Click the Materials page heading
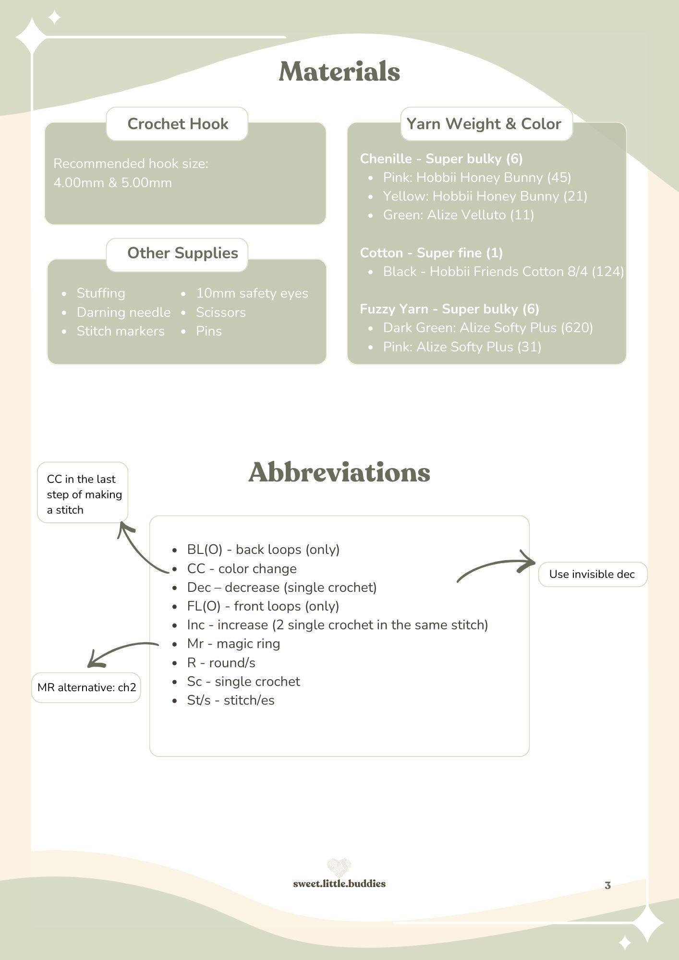339,72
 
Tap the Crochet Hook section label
178,124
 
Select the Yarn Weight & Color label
484,124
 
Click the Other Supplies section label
182,253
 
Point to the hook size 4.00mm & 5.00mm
112,183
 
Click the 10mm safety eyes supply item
252,293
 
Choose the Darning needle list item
123,312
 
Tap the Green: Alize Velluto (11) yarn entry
459,215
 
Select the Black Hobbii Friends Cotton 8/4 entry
503,272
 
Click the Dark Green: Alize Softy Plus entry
488,328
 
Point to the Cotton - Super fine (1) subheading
431,253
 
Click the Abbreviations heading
339,472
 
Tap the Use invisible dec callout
593,574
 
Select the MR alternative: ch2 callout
86,687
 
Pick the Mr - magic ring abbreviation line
233,644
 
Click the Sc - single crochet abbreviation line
243,682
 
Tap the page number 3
607,886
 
